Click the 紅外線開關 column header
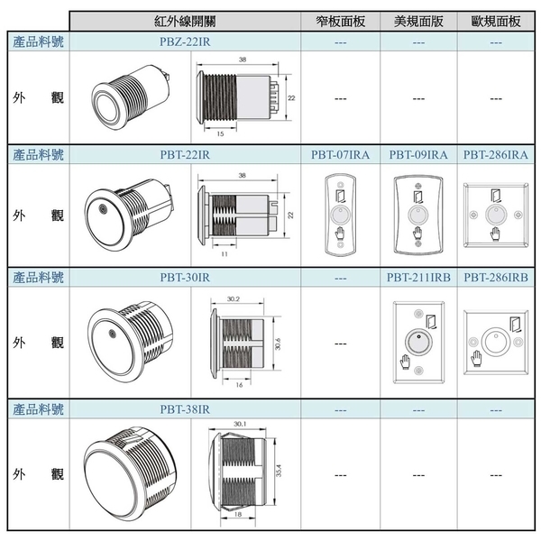coord(185,22)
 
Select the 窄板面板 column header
coord(341,22)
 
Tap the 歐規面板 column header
coord(496,22)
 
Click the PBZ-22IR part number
coord(185,41)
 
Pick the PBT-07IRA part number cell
coord(341,154)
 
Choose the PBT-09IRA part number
coord(418,154)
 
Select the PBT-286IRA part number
coord(496,154)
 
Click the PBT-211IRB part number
coord(418,278)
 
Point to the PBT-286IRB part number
coord(496,278)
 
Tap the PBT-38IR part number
coord(185,409)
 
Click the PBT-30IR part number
coord(185,278)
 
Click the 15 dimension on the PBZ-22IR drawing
coord(221,133)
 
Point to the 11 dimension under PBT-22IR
coord(225,254)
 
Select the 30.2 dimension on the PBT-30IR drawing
coord(234,298)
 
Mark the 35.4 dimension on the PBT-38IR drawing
coord(279,471)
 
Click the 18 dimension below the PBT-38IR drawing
coord(238,515)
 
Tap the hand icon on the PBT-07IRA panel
coord(340,234)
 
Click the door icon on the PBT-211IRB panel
coord(431,322)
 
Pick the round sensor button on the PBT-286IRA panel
coord(496,215)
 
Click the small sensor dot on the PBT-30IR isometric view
coord(112,334)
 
